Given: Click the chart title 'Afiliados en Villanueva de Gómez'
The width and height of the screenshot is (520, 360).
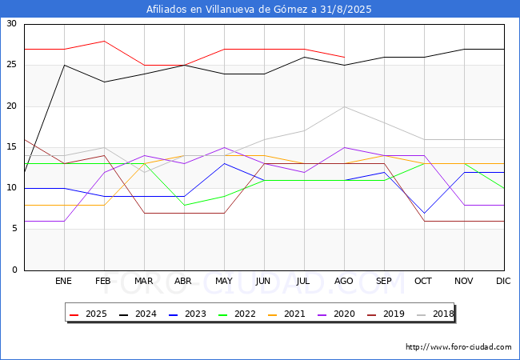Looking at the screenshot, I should pos(259,10).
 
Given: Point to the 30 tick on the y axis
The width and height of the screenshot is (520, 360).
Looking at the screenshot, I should pos(11,24).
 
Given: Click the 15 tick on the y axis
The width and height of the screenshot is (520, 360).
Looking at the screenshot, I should pos(11,147).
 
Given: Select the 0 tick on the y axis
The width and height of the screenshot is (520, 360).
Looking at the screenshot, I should pos(14,270).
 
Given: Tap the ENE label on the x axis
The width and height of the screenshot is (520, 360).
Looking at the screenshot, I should pos(64,282).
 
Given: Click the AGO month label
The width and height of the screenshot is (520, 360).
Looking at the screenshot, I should pos(344,282).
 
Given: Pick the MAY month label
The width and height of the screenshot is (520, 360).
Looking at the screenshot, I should pos(224,282).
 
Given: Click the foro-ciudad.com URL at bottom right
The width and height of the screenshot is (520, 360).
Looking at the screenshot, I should pos(458,347).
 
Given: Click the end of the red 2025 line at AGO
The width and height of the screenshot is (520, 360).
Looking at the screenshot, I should pos(344,57).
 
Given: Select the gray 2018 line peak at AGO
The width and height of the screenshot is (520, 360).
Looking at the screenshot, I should pos(344,106).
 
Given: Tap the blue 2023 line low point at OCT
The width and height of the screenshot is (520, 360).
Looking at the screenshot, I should pos(424,213).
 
